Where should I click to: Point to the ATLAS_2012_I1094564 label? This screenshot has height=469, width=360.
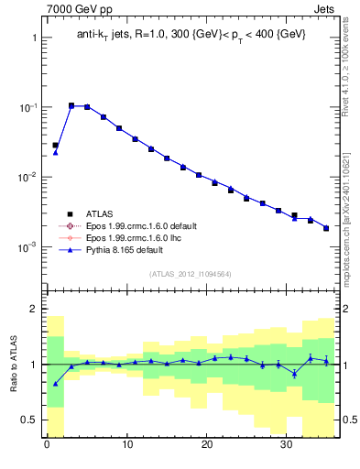(x=191, y=274)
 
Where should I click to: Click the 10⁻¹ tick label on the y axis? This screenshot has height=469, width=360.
(x=27, y=107)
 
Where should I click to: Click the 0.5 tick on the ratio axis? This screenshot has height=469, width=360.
(x=28, y=420)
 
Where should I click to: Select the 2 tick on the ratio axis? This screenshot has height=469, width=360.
(x=33, y=309)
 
